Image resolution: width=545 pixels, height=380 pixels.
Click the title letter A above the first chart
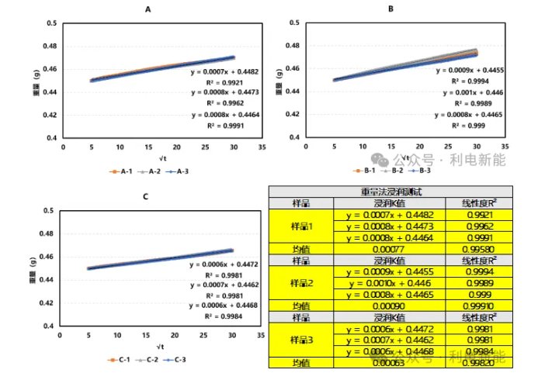148,9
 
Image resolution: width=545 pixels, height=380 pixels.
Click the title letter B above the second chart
391,9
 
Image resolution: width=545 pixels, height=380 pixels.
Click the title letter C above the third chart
145,196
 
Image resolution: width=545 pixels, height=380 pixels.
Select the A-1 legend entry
119,171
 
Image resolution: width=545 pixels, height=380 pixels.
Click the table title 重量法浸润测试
391,192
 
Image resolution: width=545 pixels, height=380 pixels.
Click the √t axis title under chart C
159,345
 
